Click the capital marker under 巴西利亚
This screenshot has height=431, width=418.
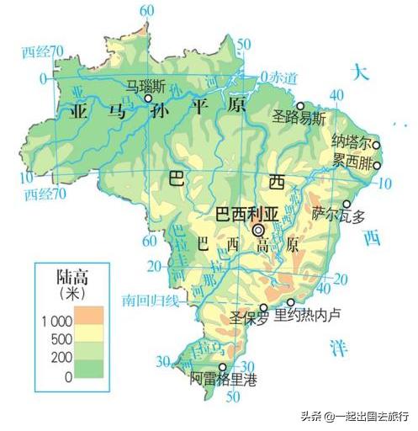pyautogui.click(x=259, y=229)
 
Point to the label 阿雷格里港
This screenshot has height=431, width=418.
pyautogui.click(x=221, y=380)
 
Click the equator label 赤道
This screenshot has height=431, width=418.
pyautogui.click(x=288, y=78)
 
